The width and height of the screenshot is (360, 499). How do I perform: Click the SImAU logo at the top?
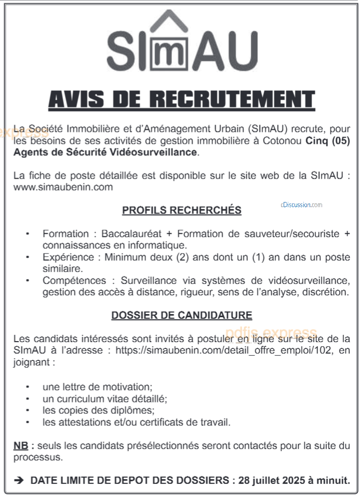181,44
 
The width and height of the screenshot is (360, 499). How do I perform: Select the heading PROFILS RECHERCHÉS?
181,210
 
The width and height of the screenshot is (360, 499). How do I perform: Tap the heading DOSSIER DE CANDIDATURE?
181,315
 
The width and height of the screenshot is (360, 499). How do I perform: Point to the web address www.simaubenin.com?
63,187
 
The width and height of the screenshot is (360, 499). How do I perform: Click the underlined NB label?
21,446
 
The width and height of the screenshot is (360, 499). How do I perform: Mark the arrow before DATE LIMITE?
19,481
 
